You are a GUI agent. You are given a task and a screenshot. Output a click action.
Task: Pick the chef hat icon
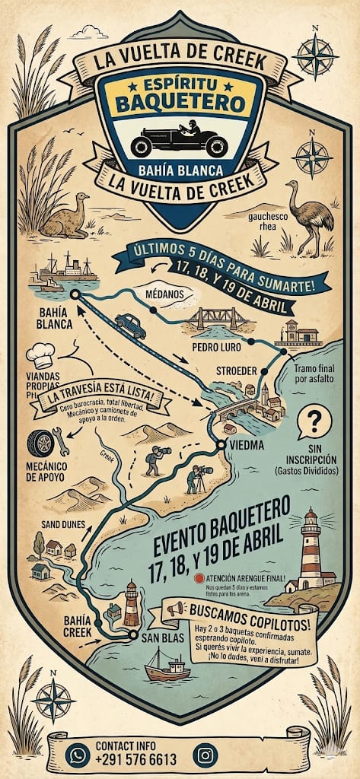[x=40, y=355]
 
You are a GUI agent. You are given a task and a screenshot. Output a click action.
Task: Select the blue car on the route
[x=130, y=326]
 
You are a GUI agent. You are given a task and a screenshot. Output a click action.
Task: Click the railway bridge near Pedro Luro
[x=219, y=318]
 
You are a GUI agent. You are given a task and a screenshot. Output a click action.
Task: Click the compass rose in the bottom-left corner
[x=53, y=697]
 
